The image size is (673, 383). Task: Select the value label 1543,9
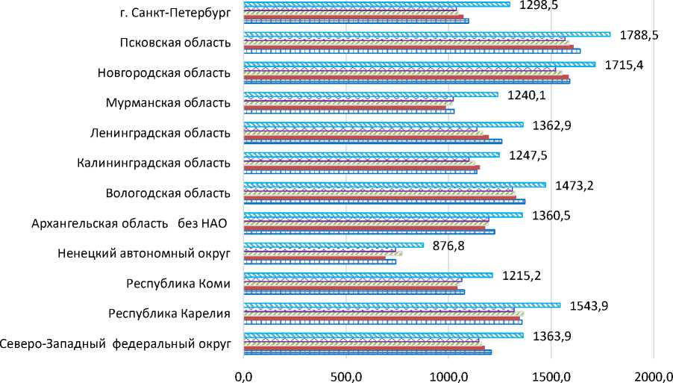[591, 305]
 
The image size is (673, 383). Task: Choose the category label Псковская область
[175, 42]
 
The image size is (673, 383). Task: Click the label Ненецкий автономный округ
[143, 253]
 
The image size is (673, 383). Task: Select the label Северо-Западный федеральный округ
[115, 344]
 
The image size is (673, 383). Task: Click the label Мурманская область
[168, 102]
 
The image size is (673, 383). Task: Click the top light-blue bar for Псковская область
[427, 34]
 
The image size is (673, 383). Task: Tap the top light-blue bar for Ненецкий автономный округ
[334, 245]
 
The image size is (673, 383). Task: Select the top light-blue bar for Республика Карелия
[401, 305]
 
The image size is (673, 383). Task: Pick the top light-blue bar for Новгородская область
[419, 64]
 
